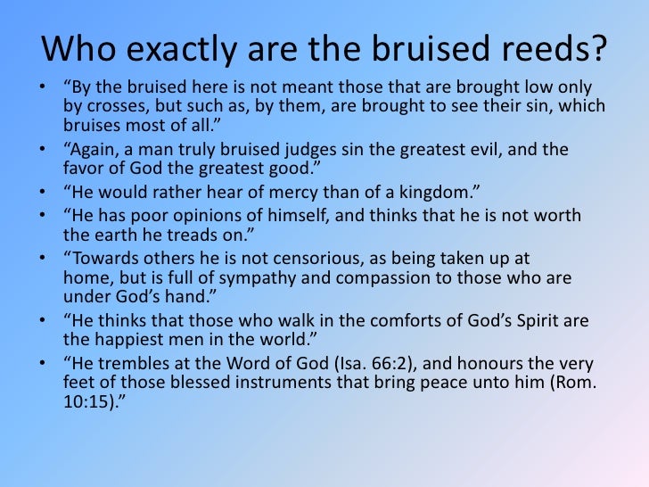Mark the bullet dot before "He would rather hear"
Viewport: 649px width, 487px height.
click(45, 191)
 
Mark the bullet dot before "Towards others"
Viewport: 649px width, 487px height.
click(45, 258)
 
